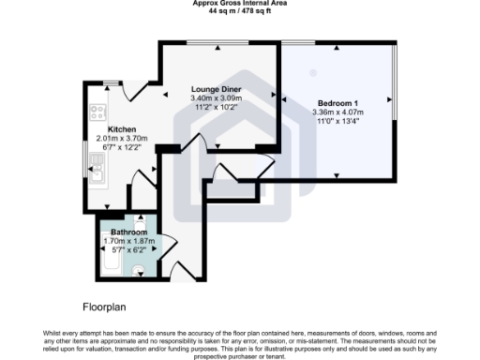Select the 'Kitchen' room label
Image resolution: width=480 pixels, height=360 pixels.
(x=123, y=129)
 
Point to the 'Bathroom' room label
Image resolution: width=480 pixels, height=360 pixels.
(x=129, y=232)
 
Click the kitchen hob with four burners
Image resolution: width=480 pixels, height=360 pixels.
(x=97, y=112)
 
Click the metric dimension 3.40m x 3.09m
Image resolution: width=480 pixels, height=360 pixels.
(x=217, y=97)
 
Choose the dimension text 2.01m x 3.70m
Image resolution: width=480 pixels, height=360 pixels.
(x=123, y=139)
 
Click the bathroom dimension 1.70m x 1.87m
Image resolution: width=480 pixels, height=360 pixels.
(x=129, y=241)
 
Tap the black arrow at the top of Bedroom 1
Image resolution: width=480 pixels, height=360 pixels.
(x=337, y=49)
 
